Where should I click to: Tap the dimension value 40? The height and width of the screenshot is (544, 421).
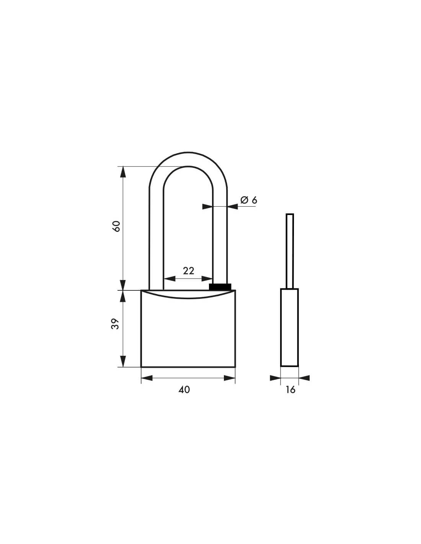click(x=184, y=389)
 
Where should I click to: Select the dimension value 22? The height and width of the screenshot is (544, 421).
click(x=188, y=271)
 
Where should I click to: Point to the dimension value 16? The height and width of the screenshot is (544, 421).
click(x=290, y=389)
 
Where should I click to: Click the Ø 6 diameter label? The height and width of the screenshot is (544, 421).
click(x=248, y=200)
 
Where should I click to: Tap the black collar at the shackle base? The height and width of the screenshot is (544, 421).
click(x=220, y=287)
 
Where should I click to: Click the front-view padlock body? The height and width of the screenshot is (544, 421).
click(x=188, y=333)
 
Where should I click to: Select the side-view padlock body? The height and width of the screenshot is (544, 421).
click(x=289, y=327)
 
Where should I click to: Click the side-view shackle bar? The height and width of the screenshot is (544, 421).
click(x=290, y=249)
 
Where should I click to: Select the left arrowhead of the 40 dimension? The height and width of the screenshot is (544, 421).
click(x=147, y=378)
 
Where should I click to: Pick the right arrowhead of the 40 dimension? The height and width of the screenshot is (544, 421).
click(x=229, y=378)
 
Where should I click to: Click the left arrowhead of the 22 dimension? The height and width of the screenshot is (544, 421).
click(x=169, y=279)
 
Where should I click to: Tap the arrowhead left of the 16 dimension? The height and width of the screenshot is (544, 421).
click(x=275, y=378)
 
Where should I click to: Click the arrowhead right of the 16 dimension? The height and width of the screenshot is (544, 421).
click(x=304, y=378)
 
